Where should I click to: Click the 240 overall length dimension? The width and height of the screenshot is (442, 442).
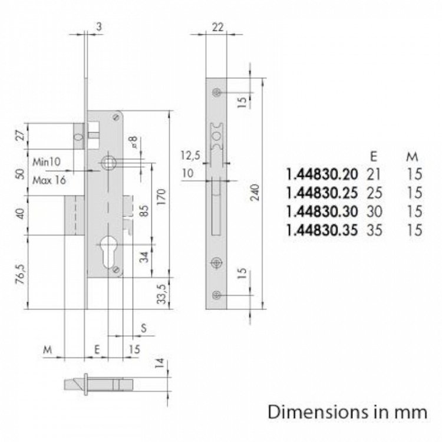255,193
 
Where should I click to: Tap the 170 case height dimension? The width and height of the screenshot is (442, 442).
161,197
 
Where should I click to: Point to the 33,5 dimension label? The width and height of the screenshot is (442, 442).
161,294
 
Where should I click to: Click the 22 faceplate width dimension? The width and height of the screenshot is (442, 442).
217,27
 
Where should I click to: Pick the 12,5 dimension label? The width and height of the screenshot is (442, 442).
190,156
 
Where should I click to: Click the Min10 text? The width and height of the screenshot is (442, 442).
47,162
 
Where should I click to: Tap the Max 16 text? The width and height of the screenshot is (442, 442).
49,180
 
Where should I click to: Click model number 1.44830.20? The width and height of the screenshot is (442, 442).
322,174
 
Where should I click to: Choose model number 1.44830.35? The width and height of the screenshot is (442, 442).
322,230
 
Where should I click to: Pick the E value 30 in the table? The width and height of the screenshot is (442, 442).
374,212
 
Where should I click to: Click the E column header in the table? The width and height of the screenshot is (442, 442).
373,156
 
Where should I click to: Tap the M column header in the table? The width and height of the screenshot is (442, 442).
412,156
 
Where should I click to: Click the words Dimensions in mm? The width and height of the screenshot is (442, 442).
347,413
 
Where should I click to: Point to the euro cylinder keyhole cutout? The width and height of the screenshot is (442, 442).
108,253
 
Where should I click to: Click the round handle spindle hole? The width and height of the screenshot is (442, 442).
108,163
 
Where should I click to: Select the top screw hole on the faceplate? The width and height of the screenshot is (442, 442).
216,93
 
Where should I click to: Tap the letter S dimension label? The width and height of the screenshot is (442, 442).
144,328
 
